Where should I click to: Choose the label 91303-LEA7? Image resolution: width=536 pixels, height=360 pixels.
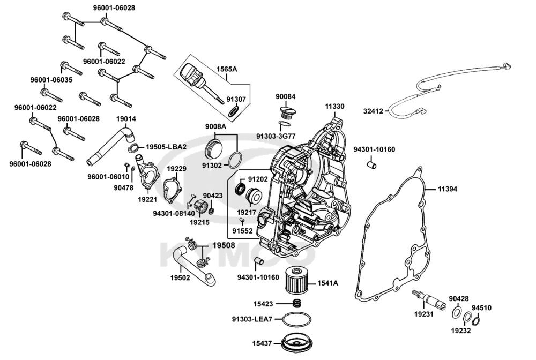pos(252,319)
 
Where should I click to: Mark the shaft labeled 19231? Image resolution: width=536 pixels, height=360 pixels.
pos(427,298)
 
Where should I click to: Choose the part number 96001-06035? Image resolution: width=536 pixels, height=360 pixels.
pos(51,79)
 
